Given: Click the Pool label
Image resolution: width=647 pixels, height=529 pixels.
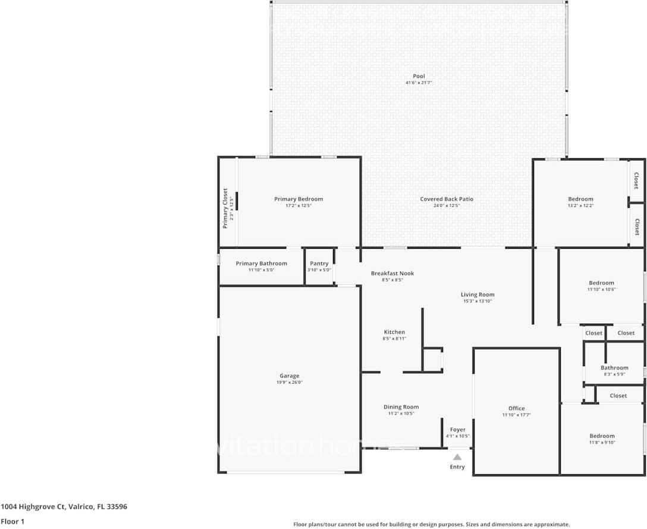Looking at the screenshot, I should click(x=419, y=76).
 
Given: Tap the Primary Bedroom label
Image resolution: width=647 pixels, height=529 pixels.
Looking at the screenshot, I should click(x=299, y=199).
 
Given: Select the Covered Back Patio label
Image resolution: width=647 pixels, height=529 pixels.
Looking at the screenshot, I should click(x=447, y=199).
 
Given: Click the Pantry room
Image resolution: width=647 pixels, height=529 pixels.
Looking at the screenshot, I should click(x=319, y=266).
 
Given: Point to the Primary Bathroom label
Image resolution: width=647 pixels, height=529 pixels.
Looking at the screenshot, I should click(x=261, y=263).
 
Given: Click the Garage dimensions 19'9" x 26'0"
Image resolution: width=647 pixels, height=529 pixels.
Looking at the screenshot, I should click(x=290, y=383).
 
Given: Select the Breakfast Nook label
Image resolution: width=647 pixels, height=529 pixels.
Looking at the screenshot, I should click(x=392, y=273).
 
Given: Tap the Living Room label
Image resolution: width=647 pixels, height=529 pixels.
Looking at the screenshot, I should click(x=478, y=295).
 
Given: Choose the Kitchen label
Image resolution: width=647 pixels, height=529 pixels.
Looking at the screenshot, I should click(x=394, y=332).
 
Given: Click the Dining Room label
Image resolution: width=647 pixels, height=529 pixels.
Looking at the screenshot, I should click(x=401, y=406).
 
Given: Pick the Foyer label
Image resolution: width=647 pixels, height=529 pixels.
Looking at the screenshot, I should click(x=457, y=429).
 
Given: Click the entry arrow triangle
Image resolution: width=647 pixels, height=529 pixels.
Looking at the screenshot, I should click(x=457, y=458).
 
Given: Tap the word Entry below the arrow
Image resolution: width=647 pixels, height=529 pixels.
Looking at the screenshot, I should click(x=457, y=467).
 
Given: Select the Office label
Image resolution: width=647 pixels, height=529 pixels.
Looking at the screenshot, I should click(x=517, y=408).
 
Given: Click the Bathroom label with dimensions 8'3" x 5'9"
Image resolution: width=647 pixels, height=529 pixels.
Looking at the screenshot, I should click(x=614, y=368).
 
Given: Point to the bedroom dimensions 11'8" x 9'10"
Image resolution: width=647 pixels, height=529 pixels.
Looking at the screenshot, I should click(x=602, y=442).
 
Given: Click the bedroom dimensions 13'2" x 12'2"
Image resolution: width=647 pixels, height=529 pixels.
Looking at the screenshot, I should click(x=580, y=205).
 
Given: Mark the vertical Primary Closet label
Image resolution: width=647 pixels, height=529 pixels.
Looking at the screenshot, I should click(x=225, y=208).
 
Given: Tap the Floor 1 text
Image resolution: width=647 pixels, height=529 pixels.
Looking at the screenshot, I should click(x=12, y=521).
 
